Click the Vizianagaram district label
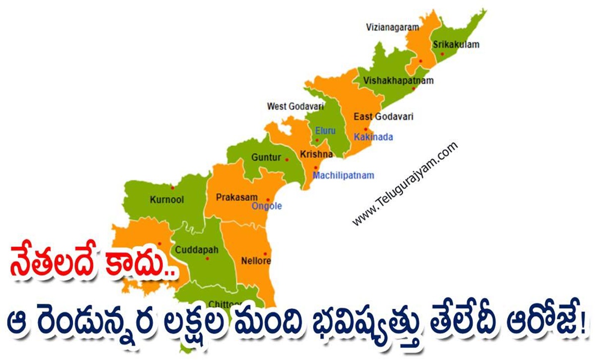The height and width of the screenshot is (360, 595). click(392, 27)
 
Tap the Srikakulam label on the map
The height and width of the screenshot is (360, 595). click(456, 45)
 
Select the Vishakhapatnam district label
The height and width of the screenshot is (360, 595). click(398, 80)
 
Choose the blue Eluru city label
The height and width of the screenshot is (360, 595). click(325, 131)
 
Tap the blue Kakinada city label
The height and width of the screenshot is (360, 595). click(373, 137)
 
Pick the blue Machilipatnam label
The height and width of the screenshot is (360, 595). click(344, 176)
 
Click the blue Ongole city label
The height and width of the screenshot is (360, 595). click(267, 206)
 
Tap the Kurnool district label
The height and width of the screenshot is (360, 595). click(167, 200)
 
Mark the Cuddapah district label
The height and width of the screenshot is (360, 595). click(193, 250)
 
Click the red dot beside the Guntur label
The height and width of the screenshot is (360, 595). click(287, 159)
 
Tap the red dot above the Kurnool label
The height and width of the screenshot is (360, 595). click(172, 188)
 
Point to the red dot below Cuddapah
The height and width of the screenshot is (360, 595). click(207, 258)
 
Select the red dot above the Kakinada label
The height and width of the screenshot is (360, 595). click(365, 129)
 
